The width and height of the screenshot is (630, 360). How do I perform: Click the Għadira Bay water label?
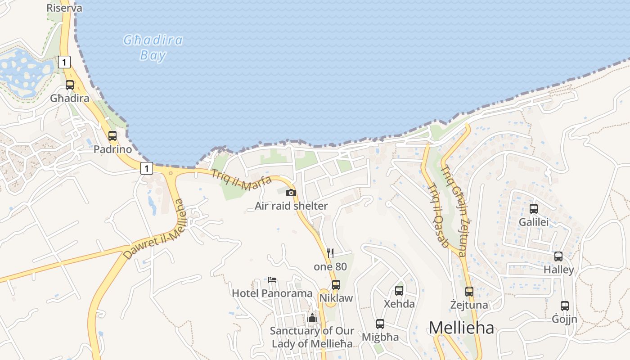(x=153, y=48)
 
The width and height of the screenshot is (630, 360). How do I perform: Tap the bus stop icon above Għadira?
(x=70, y=85)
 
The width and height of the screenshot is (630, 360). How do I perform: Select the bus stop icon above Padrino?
(x=112, y=135)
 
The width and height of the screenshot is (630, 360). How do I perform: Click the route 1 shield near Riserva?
(x=64, y=62)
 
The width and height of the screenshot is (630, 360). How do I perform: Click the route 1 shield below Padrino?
(x=146, y=168)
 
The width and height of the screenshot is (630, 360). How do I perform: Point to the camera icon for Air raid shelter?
(x=291, y=193)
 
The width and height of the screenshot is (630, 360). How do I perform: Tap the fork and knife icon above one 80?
(x=330, y=253)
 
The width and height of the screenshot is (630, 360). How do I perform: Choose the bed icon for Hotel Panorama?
(x=272, y=280)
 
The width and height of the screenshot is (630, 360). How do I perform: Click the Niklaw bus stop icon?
(x=336, y=284)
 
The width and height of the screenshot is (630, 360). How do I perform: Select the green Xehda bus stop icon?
(x=399, y=290)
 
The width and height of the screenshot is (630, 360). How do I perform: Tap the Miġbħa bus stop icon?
(x=380, y=324)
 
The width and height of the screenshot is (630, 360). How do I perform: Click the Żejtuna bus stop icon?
(x=469, y=291)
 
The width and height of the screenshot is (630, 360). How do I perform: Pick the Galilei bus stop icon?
(x=534, y=208)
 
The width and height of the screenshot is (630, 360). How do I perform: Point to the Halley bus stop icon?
(x=558, y=256)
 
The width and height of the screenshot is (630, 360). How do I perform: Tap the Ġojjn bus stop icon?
(x=565, y=306)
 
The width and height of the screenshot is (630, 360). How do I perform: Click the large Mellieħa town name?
(x=461, y=328)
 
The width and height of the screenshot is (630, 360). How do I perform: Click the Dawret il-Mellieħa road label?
(x=154, y=229)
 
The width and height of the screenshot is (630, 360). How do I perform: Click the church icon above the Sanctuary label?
(x=312, y=318)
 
